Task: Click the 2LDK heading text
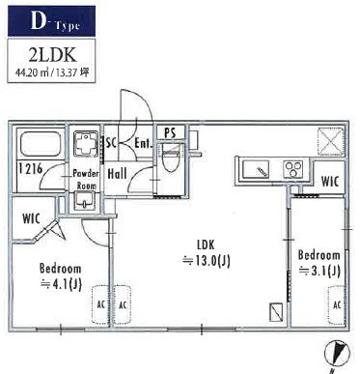(x=53, y=55)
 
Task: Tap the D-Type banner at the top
(x=51, y=21)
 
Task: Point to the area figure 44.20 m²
(x=32, y=72)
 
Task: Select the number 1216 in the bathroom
(x=30, y=169)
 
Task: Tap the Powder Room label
(x=85, y=180)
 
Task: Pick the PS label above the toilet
(x=170, y=133)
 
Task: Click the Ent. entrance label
(x=143, y=143)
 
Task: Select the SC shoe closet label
(x=111, y=143)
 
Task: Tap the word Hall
(x=117, y=174)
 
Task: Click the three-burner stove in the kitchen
(x=293, y=169)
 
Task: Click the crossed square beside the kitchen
(x=330, y=141)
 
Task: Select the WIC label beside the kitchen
(x=330, y=182)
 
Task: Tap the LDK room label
(x=206, y=245)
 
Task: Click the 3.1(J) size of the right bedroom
(x=319, y=271)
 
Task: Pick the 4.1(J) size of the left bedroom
(x=61, y=284)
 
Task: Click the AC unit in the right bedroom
(x=336, y=305)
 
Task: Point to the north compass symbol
(x=336, y=354)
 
